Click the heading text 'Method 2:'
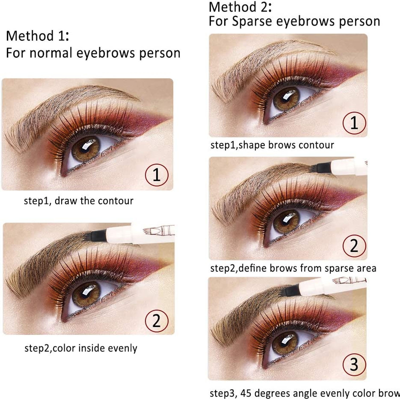240,7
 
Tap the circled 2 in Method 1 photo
157,321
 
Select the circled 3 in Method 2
354,364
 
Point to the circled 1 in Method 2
354,123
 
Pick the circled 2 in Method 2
354,246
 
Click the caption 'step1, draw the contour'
78,201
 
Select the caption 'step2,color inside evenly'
81,348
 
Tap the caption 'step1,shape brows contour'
272,145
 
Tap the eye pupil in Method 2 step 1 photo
286,98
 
